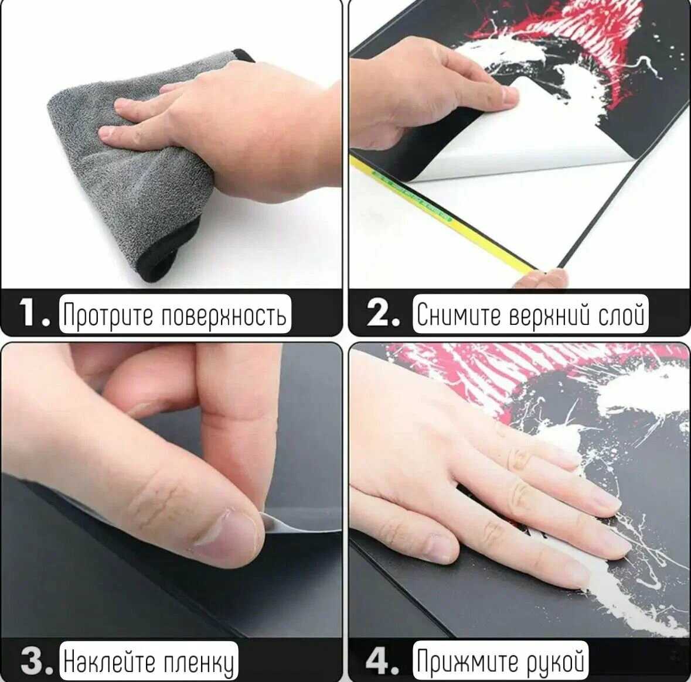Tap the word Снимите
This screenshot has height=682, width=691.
(x=459, y=314)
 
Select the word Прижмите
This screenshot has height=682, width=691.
(x=468, y=662)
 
